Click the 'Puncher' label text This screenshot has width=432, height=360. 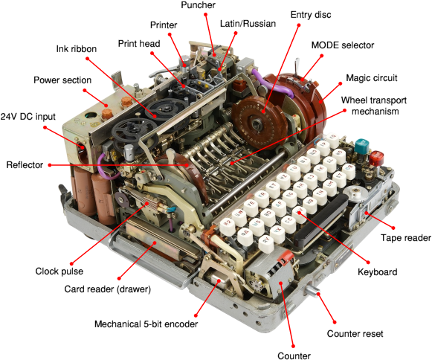click(x=198, y=5)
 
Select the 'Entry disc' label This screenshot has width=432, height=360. click(x=311, y=15)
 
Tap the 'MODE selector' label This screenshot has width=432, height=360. click(x=343, y=45)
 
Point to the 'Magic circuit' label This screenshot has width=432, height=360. click(x=371, y=78)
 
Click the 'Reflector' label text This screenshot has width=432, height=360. click(x=25, y=165)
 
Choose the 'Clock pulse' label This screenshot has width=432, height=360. click(x=59, y=271)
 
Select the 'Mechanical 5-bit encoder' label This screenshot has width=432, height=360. click(x=146, y=324)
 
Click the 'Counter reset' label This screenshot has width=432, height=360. click(x=355, y=333)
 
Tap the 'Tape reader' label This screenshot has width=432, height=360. click(x=405, y=237)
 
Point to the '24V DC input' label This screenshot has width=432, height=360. click(x=28, y=117)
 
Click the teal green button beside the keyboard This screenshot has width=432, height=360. click(x=362, y=146)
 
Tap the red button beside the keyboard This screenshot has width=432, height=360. click(x=376, y=158)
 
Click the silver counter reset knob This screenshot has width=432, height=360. click(x=312, y=291)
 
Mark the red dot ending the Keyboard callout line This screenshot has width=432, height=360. click(x=368, y=262)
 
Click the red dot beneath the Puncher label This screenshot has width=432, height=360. click(x=205, y=14)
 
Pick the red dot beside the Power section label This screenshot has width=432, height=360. click(x=85, y=90)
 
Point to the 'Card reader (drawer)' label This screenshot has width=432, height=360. click(x=108, y=289)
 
